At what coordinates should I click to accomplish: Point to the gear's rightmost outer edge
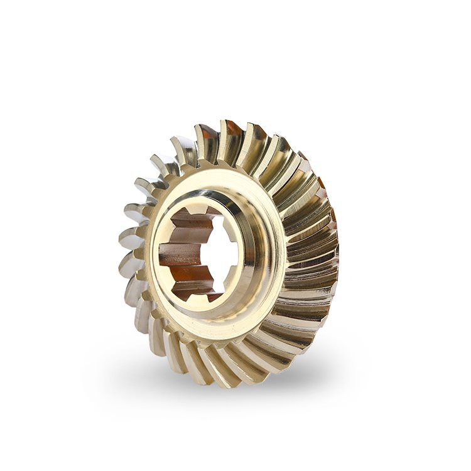click(x=337, y=251)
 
